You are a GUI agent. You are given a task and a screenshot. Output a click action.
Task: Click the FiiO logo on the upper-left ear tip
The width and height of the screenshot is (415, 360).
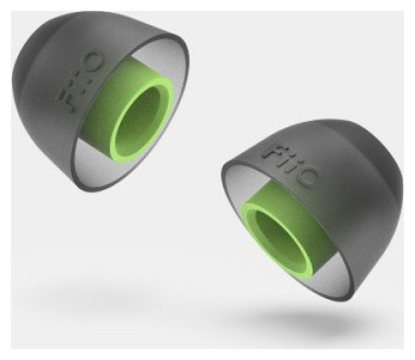pyautogui.click(x=79, y=81)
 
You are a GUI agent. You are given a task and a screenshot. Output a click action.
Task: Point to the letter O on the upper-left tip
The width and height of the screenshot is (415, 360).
pyautogui.click(x=90, y=63)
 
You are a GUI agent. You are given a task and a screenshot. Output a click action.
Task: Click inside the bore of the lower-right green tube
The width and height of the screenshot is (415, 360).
pyautogui.click(x=279, y=239)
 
